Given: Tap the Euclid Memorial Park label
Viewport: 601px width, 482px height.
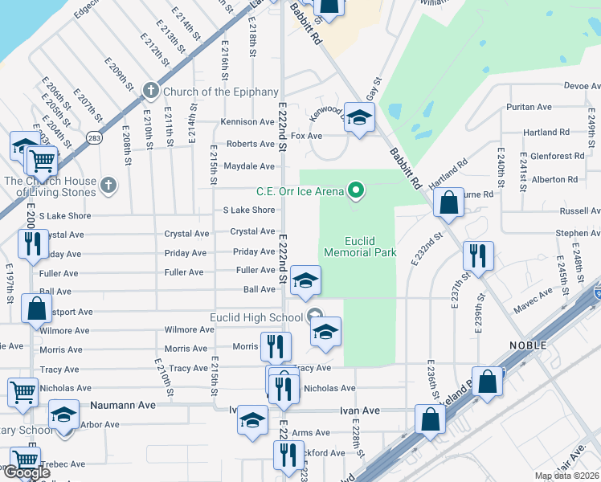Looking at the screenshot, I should pos(360,247).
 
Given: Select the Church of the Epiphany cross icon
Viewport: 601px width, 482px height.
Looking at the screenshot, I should pos(149,91).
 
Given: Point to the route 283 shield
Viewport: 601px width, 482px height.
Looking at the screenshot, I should pos(94,138).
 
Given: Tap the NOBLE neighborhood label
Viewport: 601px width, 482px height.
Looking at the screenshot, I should pos(527,345).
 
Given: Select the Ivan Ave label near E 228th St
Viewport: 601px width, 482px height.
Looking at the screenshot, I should pos(360,411).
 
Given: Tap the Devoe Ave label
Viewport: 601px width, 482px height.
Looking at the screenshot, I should pos(582,85).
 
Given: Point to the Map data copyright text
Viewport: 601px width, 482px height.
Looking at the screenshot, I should pos(566,476).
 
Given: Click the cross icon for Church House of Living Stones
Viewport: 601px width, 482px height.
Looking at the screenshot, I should pos(108,186).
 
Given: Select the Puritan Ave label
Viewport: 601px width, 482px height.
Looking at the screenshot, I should pos(529,107).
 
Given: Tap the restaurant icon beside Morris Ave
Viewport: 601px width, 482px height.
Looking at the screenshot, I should pos(276,346).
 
